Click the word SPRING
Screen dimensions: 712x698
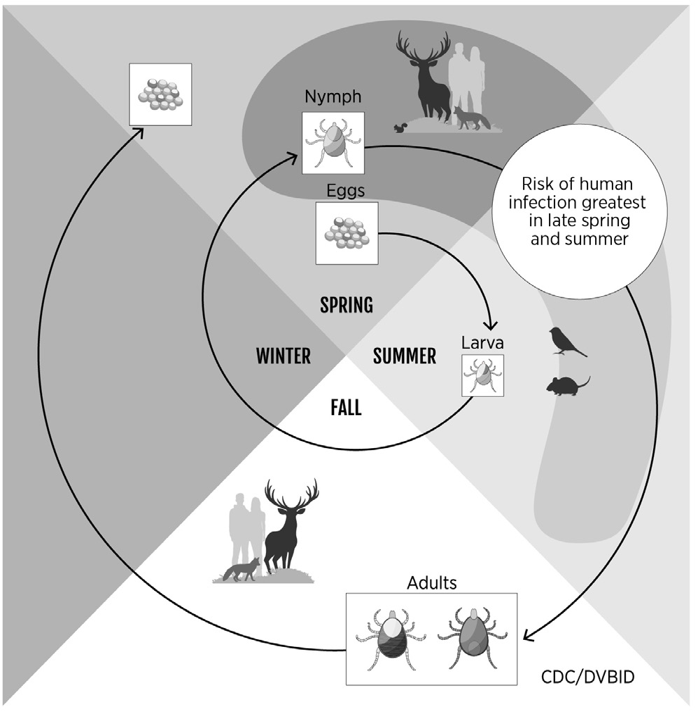(x=346, y=305)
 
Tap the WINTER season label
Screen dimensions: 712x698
(x=283, y=356)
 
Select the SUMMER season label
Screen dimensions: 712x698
(x=404, y=356)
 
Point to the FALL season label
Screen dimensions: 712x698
(x=346, y=407)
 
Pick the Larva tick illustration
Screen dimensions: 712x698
(x=482, y=375)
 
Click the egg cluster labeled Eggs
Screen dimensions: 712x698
(x=347, y=233)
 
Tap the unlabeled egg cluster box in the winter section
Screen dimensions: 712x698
(x=160, y=94)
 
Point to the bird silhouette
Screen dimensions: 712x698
(x=568, y=342)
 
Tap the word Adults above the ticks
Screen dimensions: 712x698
(x=431, y=582)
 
